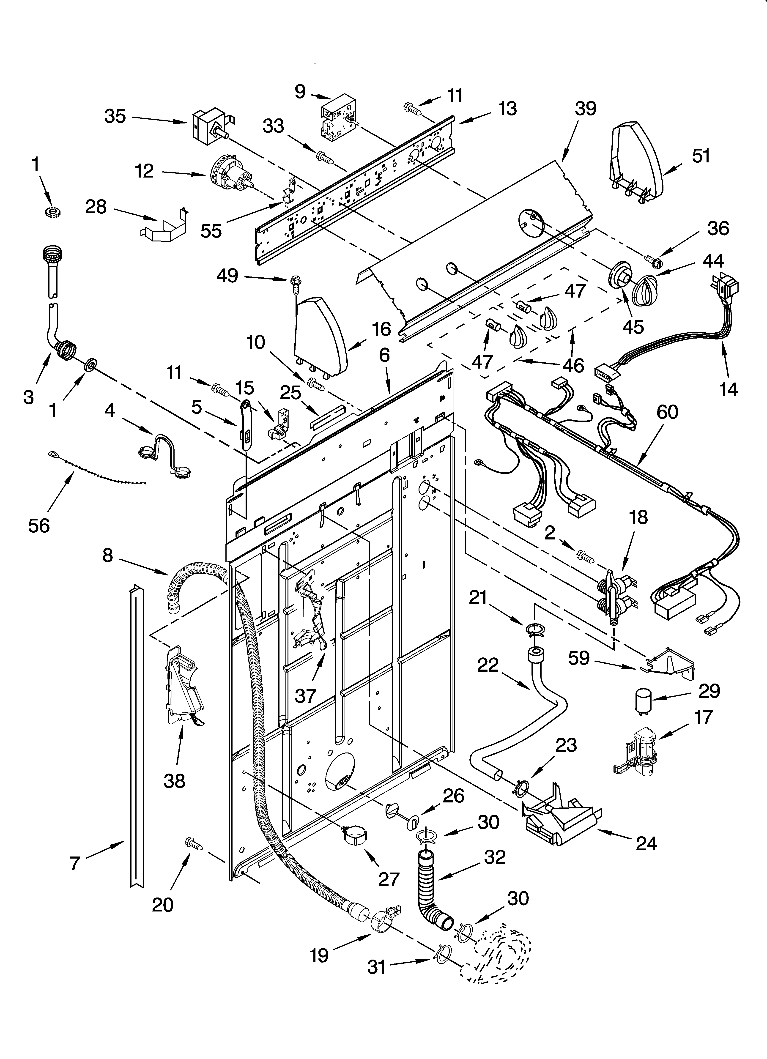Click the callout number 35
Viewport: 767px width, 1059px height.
pos(115,116)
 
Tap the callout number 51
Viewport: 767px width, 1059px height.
pos(701,156)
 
